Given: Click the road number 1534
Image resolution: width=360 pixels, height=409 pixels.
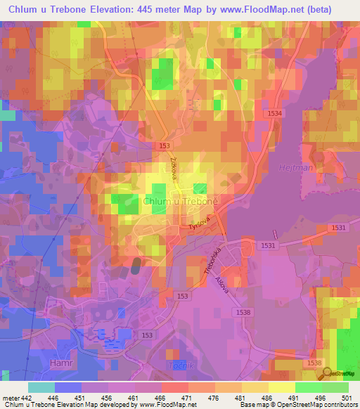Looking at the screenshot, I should point(275,113).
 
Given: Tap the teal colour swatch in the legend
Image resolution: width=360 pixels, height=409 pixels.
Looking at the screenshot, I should point(41,387).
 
